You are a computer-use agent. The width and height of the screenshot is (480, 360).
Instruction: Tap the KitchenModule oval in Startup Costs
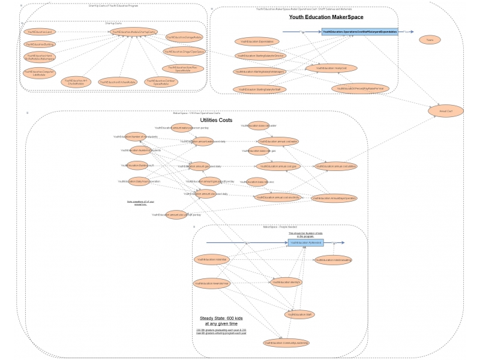point(118,82)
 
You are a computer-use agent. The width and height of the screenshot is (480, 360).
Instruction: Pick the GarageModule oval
point(184,37)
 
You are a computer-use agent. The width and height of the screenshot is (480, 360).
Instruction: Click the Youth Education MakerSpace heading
point(326,17)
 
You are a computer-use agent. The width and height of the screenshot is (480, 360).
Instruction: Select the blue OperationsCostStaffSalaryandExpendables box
point(359,31)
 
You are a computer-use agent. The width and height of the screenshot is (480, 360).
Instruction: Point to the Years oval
point(430,40)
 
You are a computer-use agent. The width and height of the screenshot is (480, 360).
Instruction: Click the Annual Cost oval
point(445,110)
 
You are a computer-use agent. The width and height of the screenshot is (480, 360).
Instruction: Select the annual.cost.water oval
point(278,142)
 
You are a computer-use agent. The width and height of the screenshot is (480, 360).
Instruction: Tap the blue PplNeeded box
point(305,242)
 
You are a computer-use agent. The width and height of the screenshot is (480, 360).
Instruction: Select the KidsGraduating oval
point(334,260)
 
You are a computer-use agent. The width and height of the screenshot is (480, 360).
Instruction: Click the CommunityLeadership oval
point(286,343)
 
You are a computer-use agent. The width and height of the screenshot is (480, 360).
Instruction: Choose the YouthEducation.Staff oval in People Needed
point(299,314)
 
